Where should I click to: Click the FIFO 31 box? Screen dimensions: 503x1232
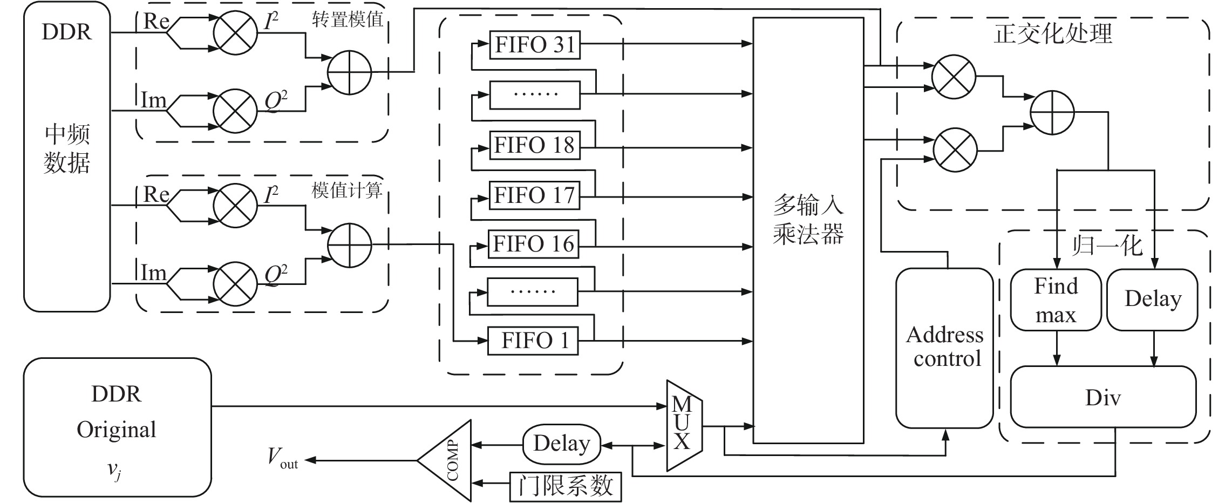(x=535, y=45)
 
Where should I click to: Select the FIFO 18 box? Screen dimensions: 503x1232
(x=534, y=145)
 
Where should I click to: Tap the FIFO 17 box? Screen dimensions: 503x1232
(x=534, y=195)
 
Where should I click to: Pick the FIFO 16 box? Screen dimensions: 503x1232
(x=533, y=244)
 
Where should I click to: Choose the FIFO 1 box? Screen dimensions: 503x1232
(x=533, y=341)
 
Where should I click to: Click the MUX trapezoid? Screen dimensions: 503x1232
(x=684, y=425)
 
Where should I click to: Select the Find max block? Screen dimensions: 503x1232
(x=1056, y=300)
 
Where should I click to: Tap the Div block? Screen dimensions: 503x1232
(x=1103, y=398)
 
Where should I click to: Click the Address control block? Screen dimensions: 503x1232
(x=944, y=348)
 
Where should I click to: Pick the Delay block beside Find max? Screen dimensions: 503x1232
(x=1152, y=300)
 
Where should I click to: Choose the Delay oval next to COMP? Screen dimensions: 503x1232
(x=562, y=445)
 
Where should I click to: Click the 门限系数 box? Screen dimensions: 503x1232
(x=566, y=486)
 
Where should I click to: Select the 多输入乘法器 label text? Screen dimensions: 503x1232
(x=808, y=220)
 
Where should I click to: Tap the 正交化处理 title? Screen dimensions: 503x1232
(x=1052, y=33)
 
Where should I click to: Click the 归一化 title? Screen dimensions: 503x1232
(x=1106, y=246)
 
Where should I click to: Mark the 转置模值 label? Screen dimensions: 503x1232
(x=347, y=20)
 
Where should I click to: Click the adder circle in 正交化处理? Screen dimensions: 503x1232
(x=1052, y=112)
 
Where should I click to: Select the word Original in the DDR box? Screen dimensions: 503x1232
(x=117, y=430)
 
